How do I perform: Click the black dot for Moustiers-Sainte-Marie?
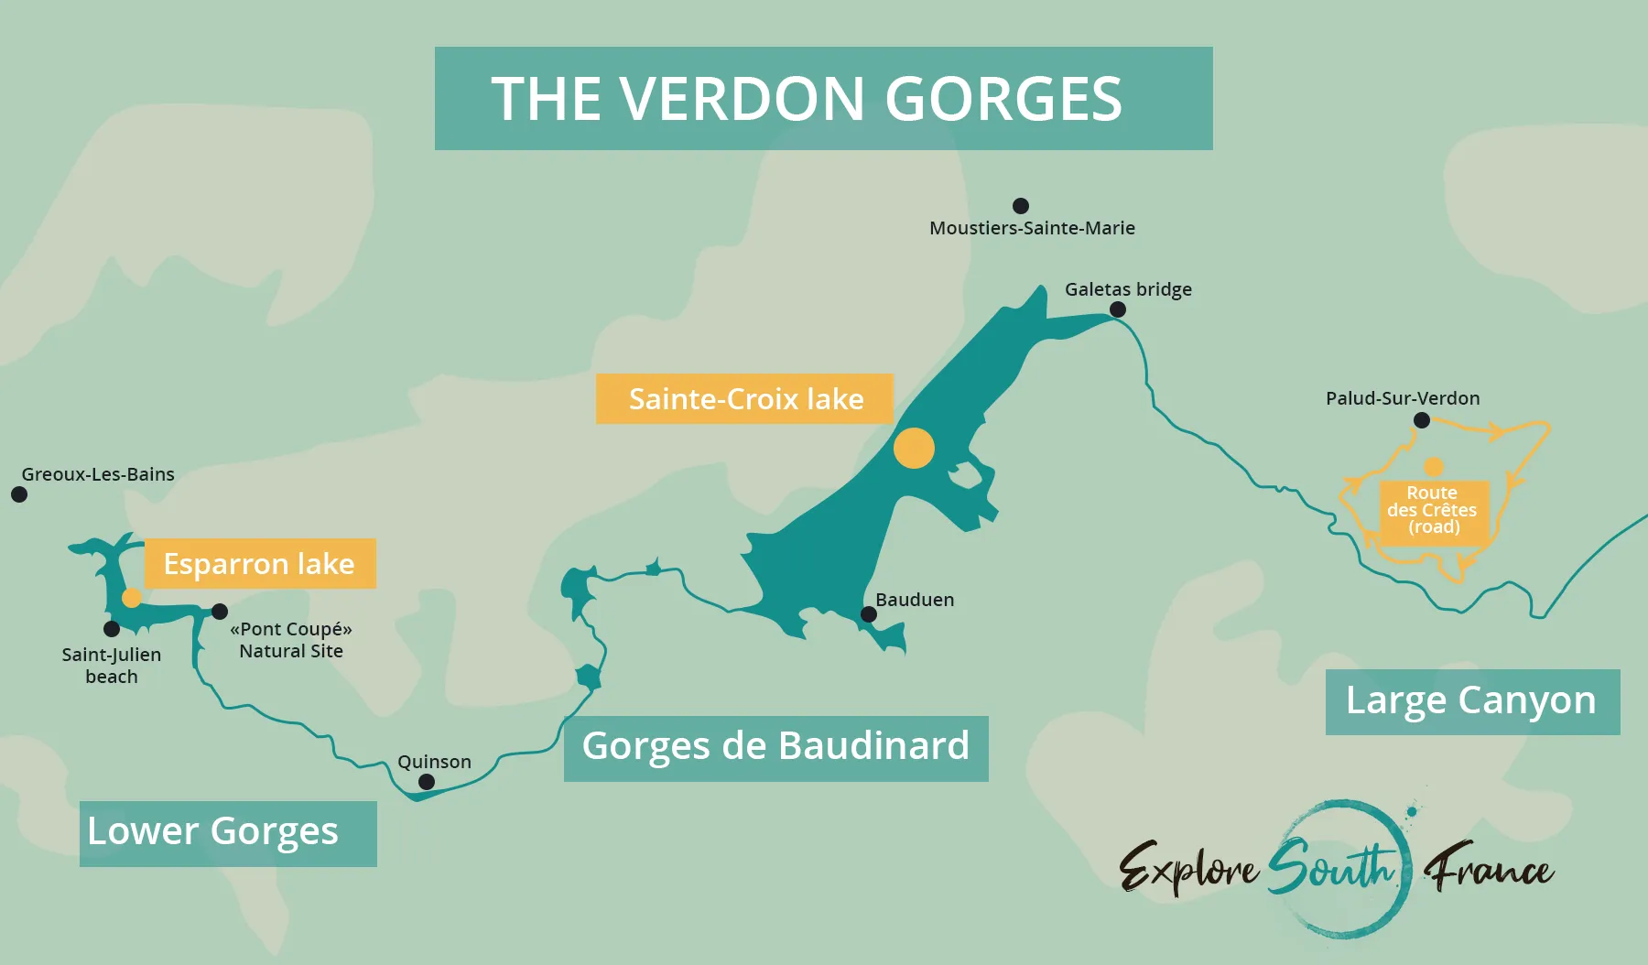point(1021,206)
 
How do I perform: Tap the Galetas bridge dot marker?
point(1118,309)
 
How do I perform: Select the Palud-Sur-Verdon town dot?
point(1422,420)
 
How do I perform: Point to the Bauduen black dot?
point(869,614)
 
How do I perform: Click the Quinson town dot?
point(427,782)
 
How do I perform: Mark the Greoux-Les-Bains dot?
point(19,494)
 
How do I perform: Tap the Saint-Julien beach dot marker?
point(112,629)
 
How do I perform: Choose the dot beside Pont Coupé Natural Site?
point(220,611)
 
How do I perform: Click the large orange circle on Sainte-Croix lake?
point(914,449)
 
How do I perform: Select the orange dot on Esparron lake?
point(132,598)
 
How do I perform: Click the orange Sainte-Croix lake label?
point(744,399)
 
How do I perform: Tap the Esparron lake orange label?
point(260,564)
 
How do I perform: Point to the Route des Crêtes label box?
point(1433,511)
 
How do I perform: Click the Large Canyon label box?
point(1472,701)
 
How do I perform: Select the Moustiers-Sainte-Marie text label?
point(1032,228)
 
